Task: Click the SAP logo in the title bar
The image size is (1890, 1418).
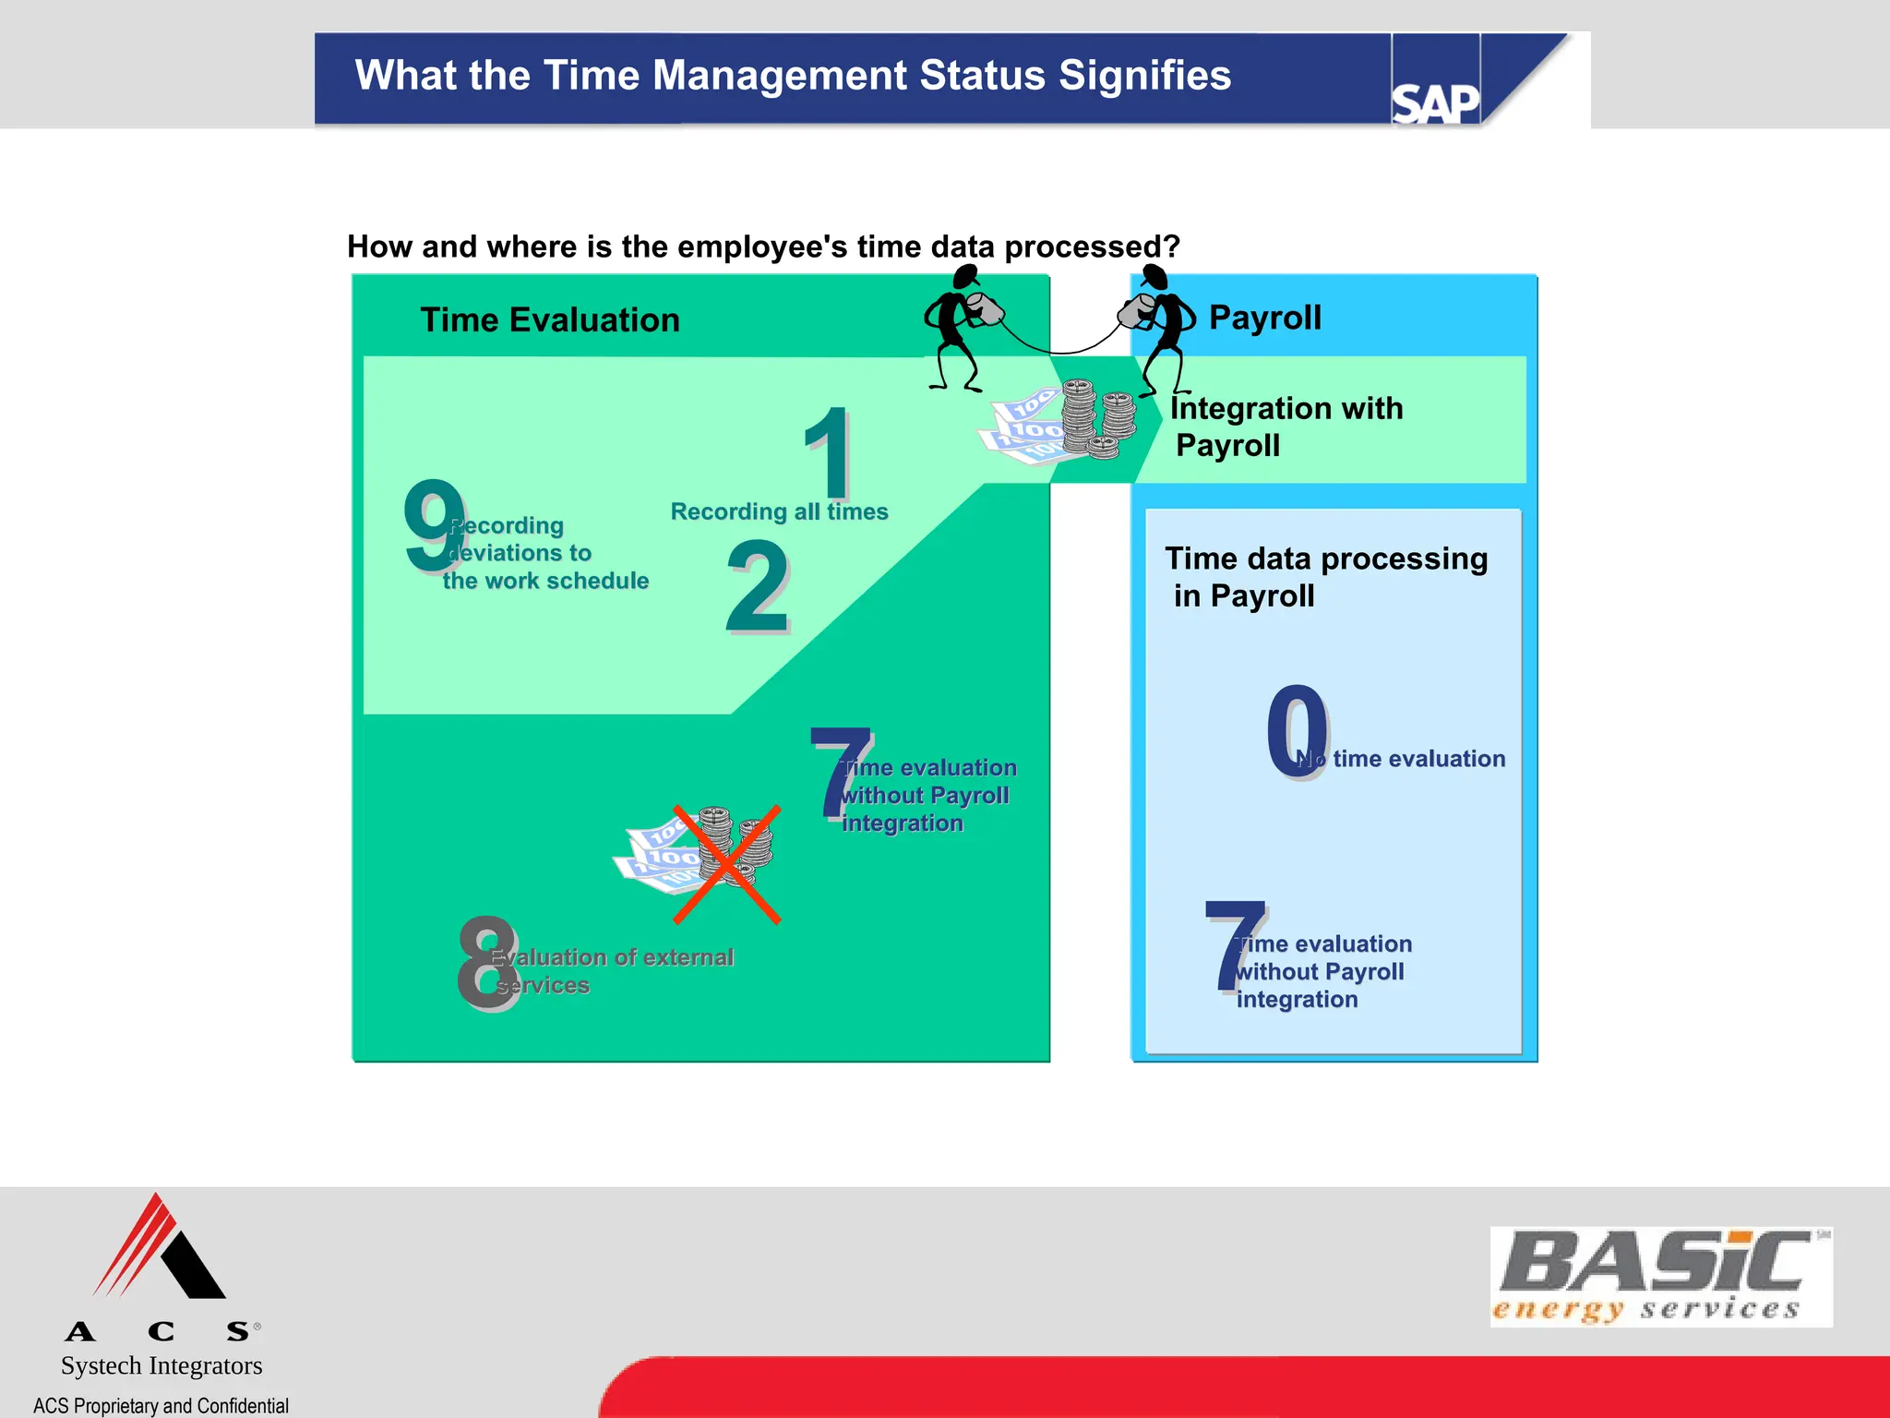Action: pos(1435,102)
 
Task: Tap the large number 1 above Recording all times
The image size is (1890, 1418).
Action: pos(828,453)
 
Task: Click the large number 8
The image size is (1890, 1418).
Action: pos(487,962)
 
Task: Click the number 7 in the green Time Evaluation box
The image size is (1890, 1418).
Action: pos(841,772)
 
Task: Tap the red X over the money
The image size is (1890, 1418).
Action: pos(727,864)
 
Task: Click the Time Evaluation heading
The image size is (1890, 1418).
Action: pos(550,320)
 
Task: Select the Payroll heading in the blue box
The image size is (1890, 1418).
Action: pos(1264,318)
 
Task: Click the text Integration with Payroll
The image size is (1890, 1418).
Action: pos(1286,427)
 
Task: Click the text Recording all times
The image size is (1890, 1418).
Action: pos(779,511)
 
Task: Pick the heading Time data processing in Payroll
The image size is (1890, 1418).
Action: pos(1325,577)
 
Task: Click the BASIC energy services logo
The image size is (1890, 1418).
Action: pos(1660,1277)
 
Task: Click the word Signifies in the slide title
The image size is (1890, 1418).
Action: pos(1144,76)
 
